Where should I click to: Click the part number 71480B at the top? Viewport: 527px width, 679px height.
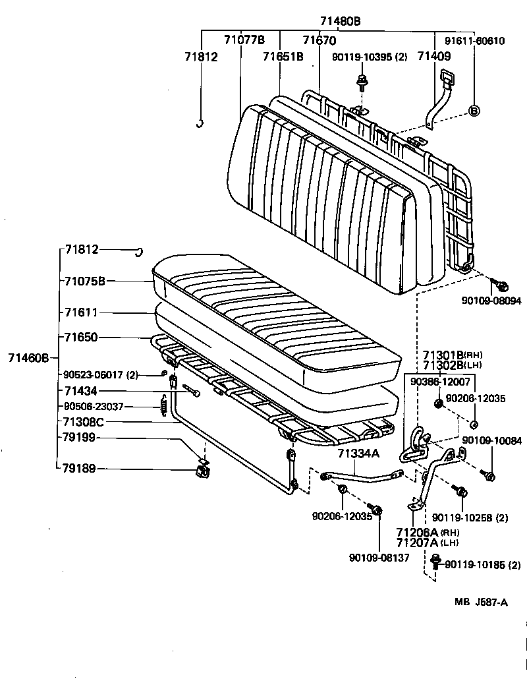click(339, 20)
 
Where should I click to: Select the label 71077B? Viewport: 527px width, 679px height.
click(244, 40)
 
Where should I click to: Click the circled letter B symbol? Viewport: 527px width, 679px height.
click(474, 110)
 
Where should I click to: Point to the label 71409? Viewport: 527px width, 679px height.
click(434, 56)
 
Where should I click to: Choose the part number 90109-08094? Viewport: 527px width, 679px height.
click(491, 301)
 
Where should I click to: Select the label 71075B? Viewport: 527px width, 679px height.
click(85, 281)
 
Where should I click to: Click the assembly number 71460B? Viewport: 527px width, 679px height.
click(28, 358)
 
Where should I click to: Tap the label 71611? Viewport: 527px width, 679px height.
click(81, 312)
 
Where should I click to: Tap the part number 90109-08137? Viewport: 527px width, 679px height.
click(379, 557)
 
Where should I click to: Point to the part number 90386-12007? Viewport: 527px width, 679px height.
click(441, 382)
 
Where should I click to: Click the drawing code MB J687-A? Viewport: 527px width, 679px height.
click(480, 602)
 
